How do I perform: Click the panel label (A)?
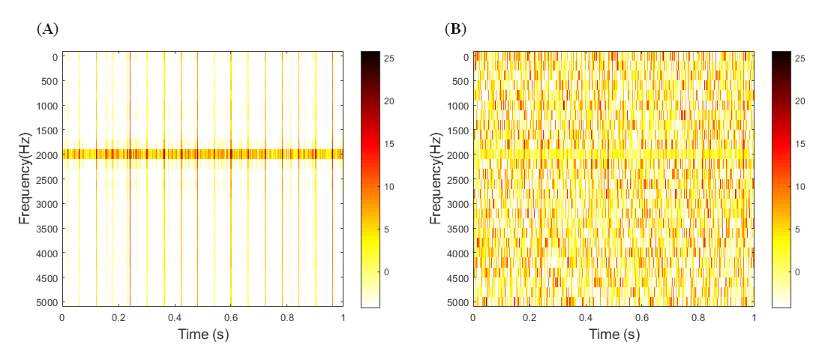coord(46,29)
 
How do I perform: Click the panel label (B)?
coord(455,29)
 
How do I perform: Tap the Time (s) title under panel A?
coord(202,334)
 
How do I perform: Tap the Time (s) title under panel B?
coord(613,334)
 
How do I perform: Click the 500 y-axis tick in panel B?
coord(460,82)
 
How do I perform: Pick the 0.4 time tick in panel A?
coord(175,318)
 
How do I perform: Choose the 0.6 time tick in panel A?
coord(231,318)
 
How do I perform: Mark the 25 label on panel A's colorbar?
coord(389,58)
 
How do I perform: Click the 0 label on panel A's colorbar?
coord(387,271)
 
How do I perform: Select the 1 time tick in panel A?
coord(343,318)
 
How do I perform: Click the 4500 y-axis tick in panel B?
coord(457,277)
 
